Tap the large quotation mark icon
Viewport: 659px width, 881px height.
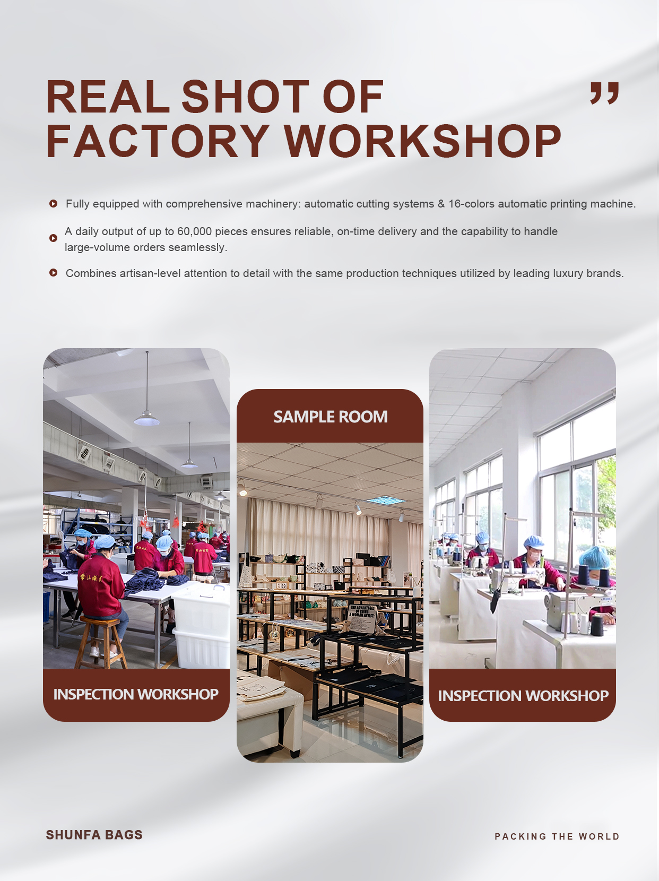point(604,93)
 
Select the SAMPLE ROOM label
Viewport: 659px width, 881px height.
point(331,417)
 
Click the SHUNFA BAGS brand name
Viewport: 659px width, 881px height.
point(94,835)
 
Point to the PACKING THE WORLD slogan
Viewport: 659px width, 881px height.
point(557,836)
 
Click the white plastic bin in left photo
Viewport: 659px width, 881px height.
point(201,626)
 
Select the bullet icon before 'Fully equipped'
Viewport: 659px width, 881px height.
point(54,203)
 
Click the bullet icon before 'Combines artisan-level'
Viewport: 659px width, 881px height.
point(54,273)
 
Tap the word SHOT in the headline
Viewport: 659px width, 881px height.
point(246,97)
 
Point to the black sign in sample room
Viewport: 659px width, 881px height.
point(362,617)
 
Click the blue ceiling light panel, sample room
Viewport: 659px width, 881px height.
point(384,500)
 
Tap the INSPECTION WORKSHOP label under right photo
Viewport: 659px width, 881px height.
point(523,696)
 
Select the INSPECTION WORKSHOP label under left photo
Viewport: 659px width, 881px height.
point(136,694)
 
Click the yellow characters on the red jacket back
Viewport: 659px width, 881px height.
point(91,578)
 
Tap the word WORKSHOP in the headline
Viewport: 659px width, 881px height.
point(423,141)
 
